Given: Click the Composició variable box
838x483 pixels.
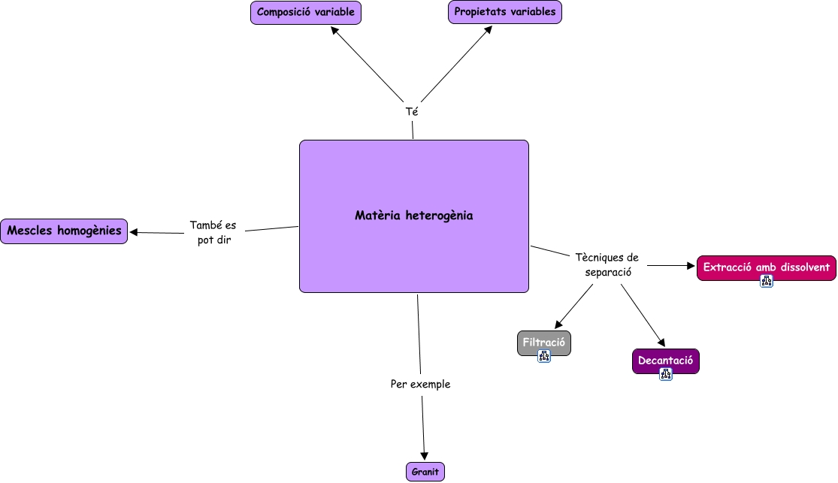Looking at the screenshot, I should [306, 13].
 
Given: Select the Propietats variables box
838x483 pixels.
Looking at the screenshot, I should [505, 12].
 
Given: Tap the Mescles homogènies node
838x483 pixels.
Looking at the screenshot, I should [64, 231].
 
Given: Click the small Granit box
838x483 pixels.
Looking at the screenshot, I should [425, 472].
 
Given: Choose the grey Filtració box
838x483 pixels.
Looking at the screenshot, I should [543, 343].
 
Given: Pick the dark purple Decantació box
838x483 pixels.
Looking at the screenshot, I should [665, 361].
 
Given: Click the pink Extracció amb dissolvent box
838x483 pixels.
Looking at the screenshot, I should [766, 267].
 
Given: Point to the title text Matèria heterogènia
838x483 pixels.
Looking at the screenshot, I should [414, 216].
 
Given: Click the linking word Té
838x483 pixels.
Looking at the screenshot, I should [412, 111].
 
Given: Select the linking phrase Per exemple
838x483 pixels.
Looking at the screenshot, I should [420, 385].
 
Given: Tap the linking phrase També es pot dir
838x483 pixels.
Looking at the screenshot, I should [213, 233].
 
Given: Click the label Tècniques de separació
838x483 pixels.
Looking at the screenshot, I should [607, 265].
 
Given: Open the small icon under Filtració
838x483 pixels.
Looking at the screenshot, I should [544, 357].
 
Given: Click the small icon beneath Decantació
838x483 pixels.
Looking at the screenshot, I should [665, 374].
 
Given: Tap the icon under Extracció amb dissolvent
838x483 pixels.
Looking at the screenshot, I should [766, 282].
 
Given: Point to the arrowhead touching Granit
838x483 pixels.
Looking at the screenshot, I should [425, 454].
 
